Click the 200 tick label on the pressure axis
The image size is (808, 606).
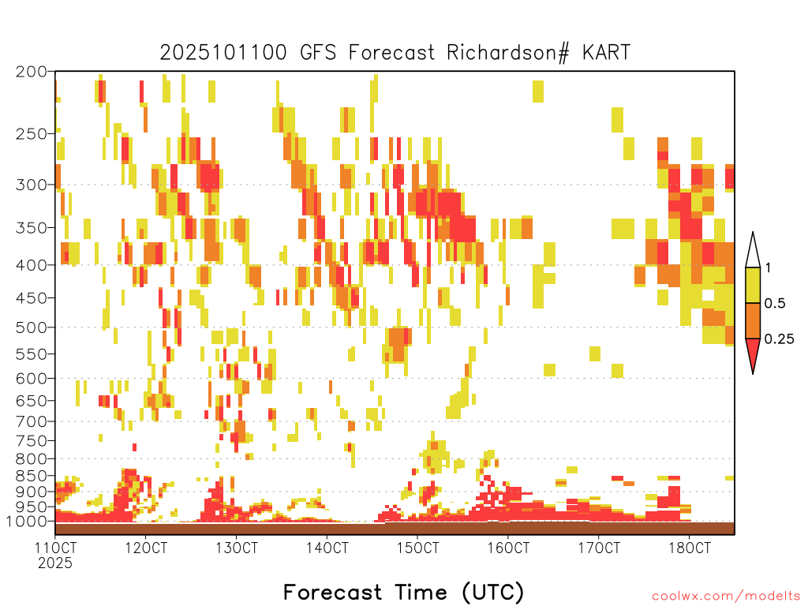pyautogui.click(x=32, y=72)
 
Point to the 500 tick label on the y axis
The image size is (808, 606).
pyautogui.click(x=32, y=327)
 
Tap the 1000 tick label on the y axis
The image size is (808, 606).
pyautogui.click(x=27, y=522)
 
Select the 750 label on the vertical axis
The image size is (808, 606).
pyautogui.click(x=32, y=441)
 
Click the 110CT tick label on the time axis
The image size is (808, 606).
pyautogui.click(x=55, y=548)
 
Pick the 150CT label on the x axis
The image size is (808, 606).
pyautogui.click(x=417, y=548)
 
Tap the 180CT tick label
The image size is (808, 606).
pyautogui.click(x=690, y=548)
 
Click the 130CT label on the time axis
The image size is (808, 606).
pyautogui.click(x=237, y=548)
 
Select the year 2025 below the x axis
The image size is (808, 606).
pyautogui.click(x=55, y=563)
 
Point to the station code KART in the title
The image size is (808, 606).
pyautogui.click(x=607, y=53)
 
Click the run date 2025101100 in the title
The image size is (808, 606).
pyautogui.click(x=223, y=53)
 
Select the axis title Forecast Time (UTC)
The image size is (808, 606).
pyautogui.click(x=403, y=593)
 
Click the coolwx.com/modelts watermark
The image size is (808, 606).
pyautogui.click(x=726, y=597)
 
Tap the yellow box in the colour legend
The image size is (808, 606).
pyautogui.click(x=753, y=285)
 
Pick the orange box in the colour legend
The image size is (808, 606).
pyautogui.click(x=753, y=320)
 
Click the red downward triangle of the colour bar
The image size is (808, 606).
pyautogui.click(x=753, y=353)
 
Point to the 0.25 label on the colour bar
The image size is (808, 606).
pyautogui.click(x=779, y=339)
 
